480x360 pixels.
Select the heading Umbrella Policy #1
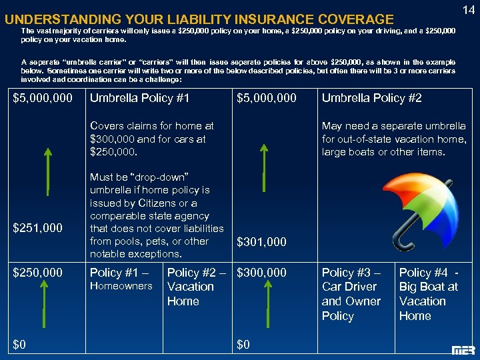(139, 98)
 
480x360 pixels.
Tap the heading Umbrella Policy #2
(371, 98)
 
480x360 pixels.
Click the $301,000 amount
(262, 242)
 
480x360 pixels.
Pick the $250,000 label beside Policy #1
(39, 272)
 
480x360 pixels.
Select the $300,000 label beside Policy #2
(262, 272)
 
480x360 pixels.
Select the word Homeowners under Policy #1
(121, 286)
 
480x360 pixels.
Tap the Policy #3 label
(350, 272)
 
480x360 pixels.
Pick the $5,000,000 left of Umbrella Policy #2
(267, 98)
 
